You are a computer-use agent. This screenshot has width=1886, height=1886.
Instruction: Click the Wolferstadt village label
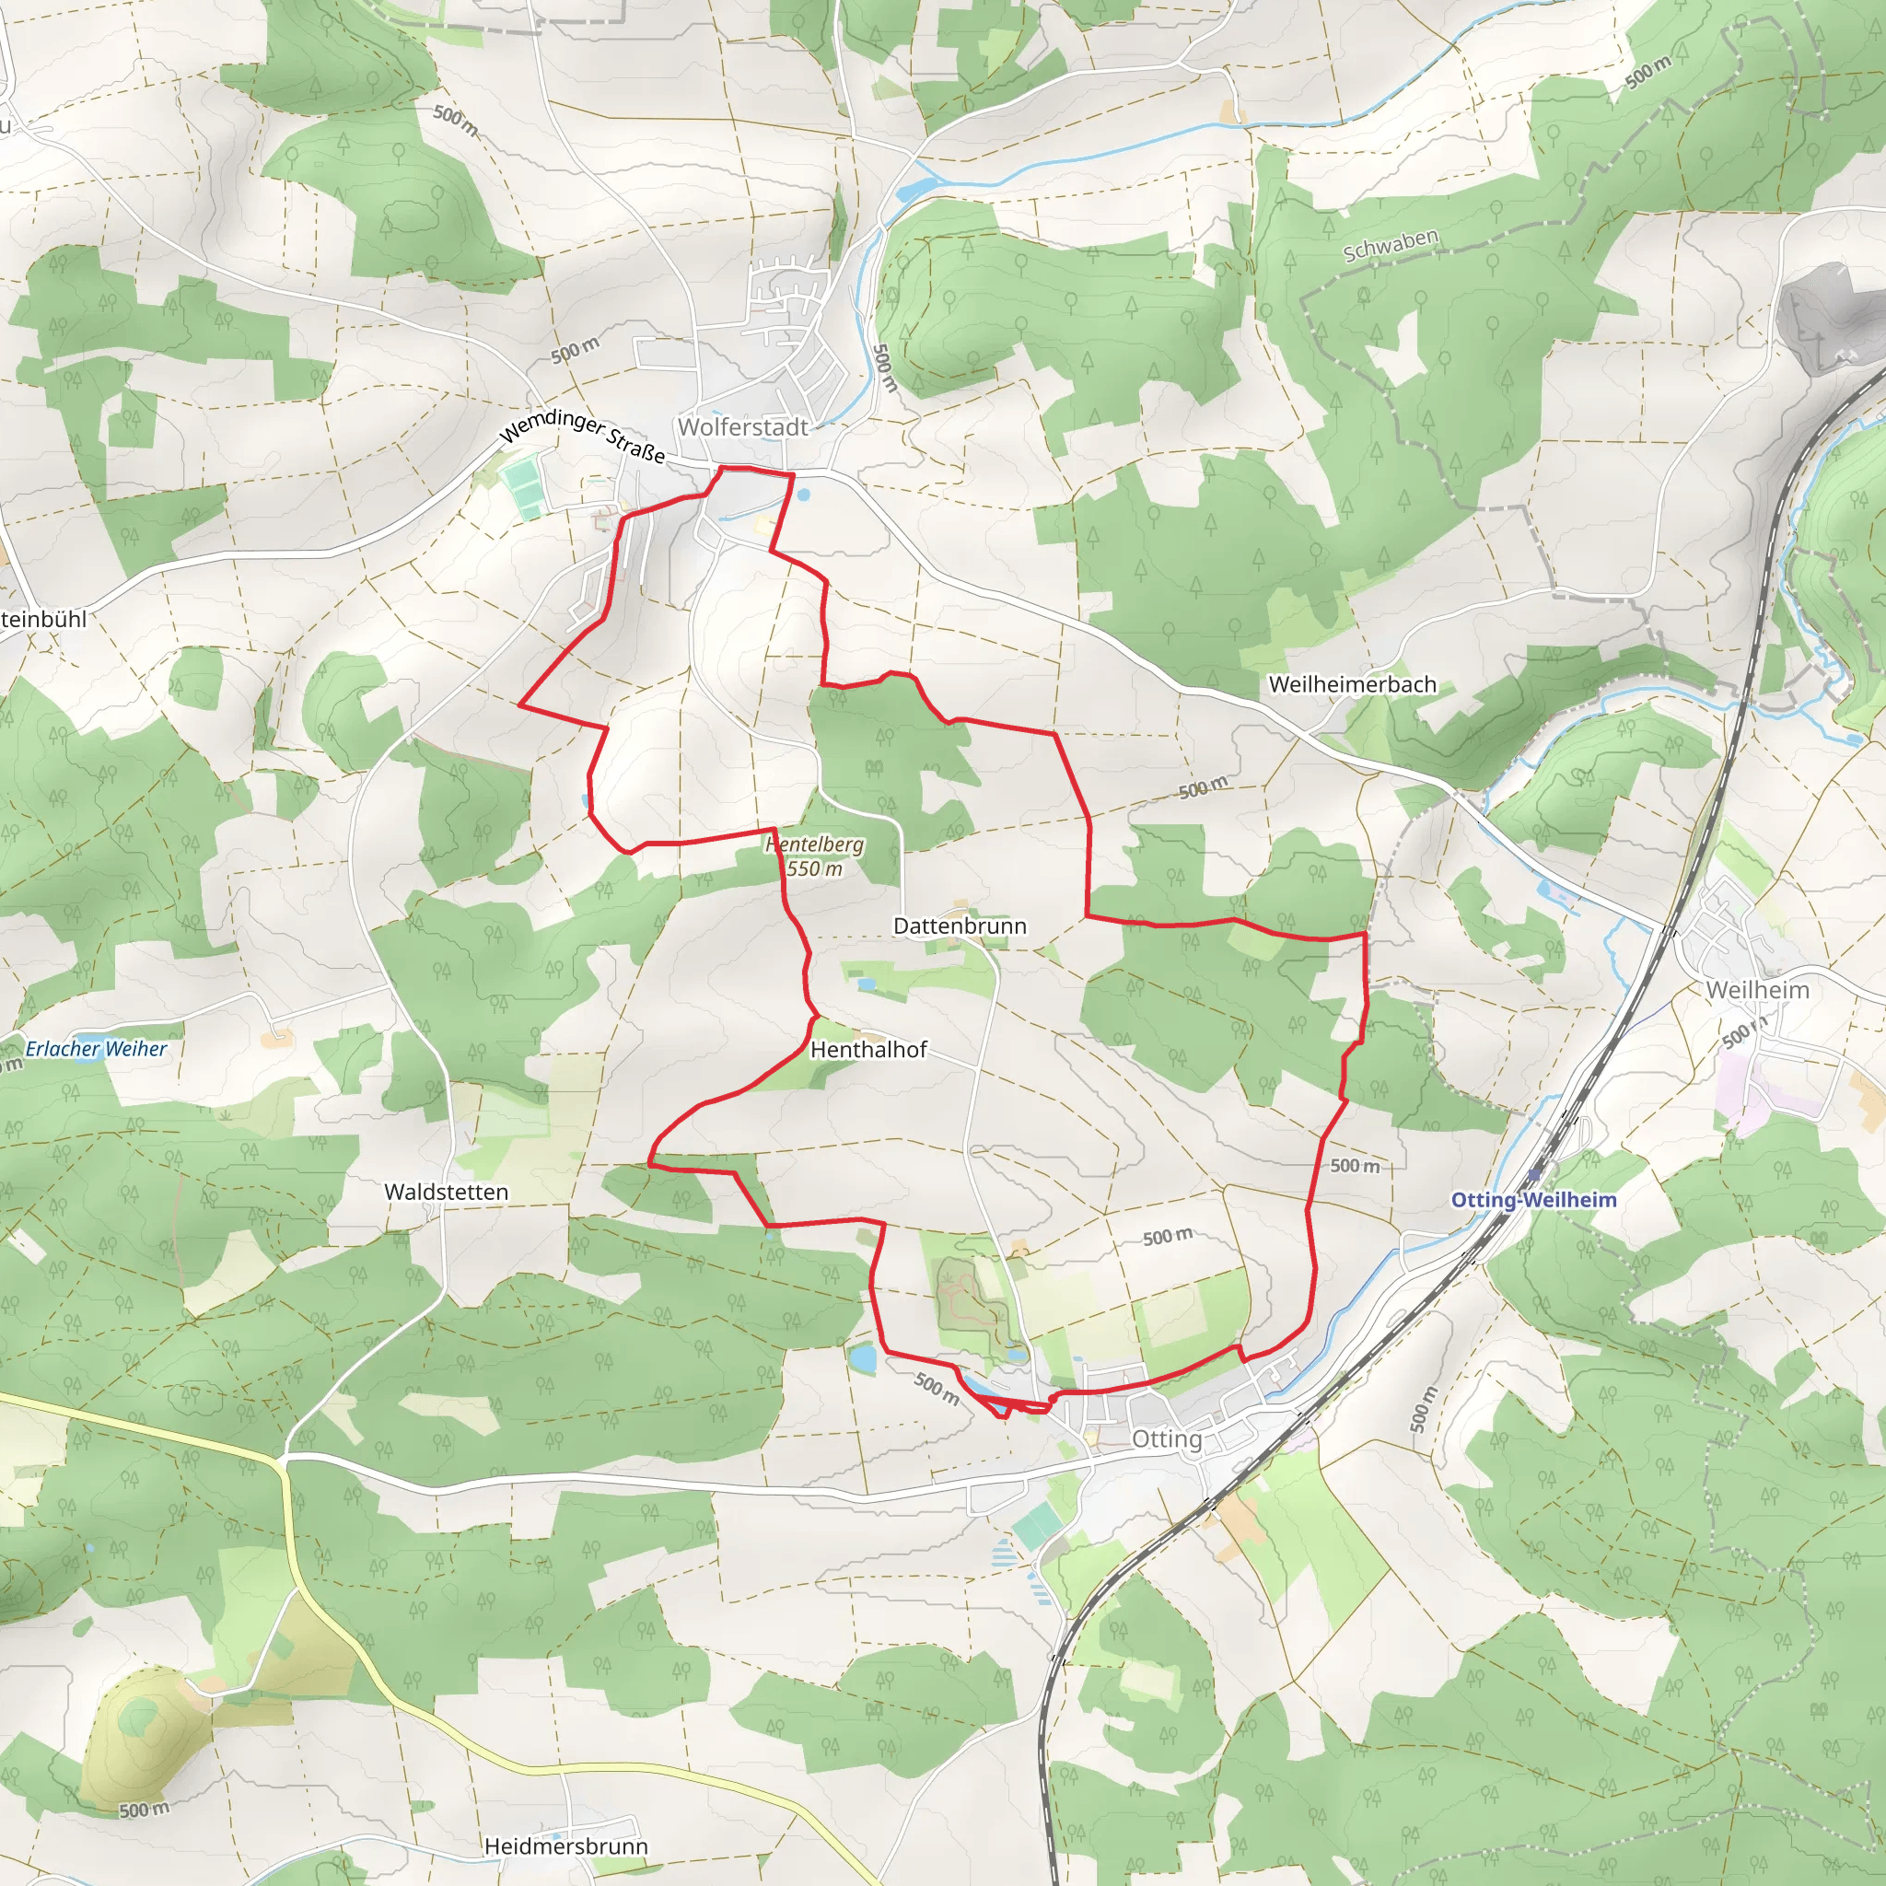[743, 427]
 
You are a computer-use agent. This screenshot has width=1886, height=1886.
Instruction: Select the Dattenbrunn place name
[960, 926]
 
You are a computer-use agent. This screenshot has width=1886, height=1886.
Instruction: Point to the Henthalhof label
[867, 1051]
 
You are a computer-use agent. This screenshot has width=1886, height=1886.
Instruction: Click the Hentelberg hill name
[815, 844]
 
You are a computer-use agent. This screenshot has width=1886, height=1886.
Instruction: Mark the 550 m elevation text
[815, 868]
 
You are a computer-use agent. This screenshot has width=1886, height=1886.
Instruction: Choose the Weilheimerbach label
[1352, 685]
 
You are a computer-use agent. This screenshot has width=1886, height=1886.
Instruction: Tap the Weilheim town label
[1757, 990]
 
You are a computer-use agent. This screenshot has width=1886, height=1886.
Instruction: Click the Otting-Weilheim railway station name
[1533, 1200]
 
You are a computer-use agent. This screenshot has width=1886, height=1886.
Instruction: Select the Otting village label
[1167, 1439]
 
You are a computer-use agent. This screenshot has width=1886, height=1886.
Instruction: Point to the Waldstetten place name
[446, 1192]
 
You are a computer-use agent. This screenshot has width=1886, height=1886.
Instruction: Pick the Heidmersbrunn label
[566, 1846]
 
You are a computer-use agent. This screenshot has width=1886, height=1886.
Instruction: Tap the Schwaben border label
[1390, 246]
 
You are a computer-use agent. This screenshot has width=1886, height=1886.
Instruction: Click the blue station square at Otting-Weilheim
[1534, 1174]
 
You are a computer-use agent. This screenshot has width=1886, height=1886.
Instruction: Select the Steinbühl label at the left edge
[43, 619]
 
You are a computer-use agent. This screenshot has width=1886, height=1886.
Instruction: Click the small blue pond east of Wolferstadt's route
[802, 495]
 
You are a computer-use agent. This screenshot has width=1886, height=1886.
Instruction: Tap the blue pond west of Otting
[862, 1358]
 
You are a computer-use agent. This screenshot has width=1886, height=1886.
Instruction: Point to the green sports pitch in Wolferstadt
[523, 488]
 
